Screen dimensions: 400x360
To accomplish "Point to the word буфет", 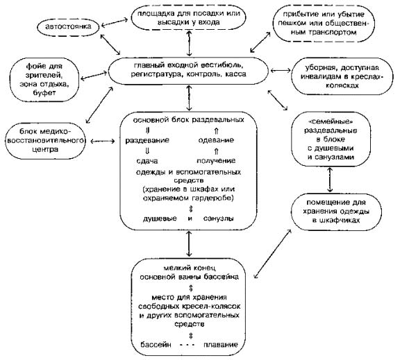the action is coord(44,93).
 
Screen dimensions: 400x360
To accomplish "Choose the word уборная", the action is coord(320,68).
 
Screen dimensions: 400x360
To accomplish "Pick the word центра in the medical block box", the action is coord(45,150).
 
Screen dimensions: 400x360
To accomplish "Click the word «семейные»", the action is coord(331,122).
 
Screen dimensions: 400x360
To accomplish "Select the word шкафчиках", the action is coord(336,221).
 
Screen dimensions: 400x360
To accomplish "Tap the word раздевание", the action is coord(147,140).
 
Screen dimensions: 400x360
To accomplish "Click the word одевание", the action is coord(216,140).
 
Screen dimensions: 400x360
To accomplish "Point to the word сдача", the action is coord(147,161).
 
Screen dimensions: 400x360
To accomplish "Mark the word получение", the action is coord(216,161).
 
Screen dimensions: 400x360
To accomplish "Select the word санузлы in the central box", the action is coord(218,218).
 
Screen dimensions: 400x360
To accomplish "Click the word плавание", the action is coord(221,345).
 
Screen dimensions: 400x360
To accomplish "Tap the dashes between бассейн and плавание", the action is coord(187,345).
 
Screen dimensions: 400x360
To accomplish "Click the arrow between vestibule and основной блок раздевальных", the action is coord(189,98).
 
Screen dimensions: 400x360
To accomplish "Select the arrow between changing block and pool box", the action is coord(189,243).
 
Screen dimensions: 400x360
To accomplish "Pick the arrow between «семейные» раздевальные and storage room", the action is coord(330,180).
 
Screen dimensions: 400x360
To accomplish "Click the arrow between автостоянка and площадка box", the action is coord(114,22).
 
